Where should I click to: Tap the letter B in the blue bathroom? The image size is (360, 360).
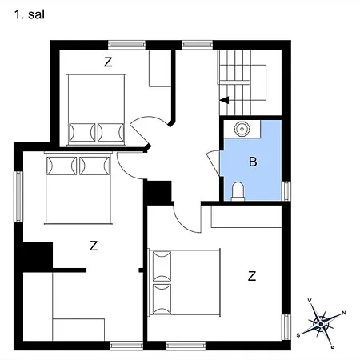click(253, 162)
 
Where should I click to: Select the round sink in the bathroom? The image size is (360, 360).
click(241, 128)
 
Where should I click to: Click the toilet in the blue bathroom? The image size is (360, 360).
click(238, 190)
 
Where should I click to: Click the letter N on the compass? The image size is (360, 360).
click(344, 313)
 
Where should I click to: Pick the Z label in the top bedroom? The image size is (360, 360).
click(108, 61)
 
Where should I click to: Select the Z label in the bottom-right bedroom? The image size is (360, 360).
click(252, 277)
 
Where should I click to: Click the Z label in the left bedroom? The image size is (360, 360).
click(94, 246)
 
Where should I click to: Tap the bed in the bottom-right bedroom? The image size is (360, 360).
click(185, 281)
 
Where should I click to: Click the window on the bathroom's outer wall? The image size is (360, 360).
click(286, 190)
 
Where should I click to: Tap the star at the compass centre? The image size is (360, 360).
click(322, 324)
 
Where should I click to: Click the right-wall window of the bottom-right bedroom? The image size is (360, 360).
click(286, 326)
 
